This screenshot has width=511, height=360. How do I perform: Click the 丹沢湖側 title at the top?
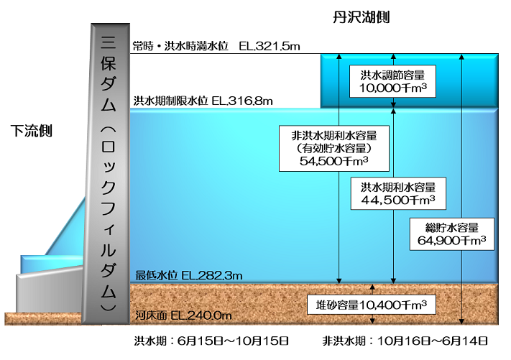[x=362, y=17]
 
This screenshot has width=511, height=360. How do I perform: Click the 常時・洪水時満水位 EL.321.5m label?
[x=216, y=46]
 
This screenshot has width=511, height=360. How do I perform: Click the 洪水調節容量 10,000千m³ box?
[x=393, y=80]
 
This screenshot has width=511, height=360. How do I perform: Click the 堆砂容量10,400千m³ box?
[x=372, y=305]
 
